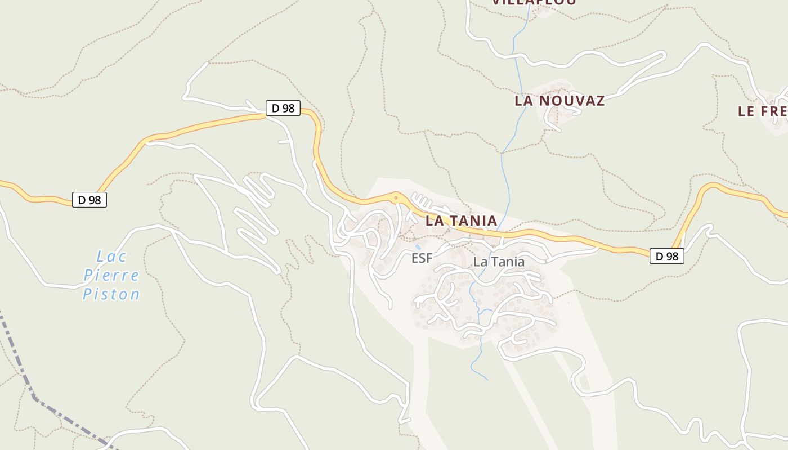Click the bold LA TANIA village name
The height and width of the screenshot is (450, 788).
[461, 220]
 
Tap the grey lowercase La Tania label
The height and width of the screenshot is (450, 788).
[499, 262]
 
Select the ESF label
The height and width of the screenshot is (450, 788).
[422, 258]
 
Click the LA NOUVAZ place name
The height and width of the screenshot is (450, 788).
[559, 101]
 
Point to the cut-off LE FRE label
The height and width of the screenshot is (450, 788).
[763, 111]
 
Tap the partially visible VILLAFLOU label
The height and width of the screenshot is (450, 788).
[534, 2]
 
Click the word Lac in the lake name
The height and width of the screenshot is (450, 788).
[111, 256]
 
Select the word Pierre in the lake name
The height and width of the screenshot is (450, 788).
[111, 276]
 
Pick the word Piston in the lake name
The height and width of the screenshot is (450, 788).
[111, 294]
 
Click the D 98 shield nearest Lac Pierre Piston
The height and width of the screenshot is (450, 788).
[89, 200]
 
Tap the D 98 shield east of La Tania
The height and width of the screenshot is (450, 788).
[667, 256]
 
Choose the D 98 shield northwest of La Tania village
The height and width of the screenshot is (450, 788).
[283, 108]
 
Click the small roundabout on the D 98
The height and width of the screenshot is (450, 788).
[396, 197]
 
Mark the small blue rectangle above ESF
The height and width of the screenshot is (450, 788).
[418, 247]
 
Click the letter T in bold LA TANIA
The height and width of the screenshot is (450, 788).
[450, 220]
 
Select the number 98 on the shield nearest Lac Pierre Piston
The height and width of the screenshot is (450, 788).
[95, 200]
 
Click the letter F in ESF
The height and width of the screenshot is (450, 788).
[429, 258]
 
